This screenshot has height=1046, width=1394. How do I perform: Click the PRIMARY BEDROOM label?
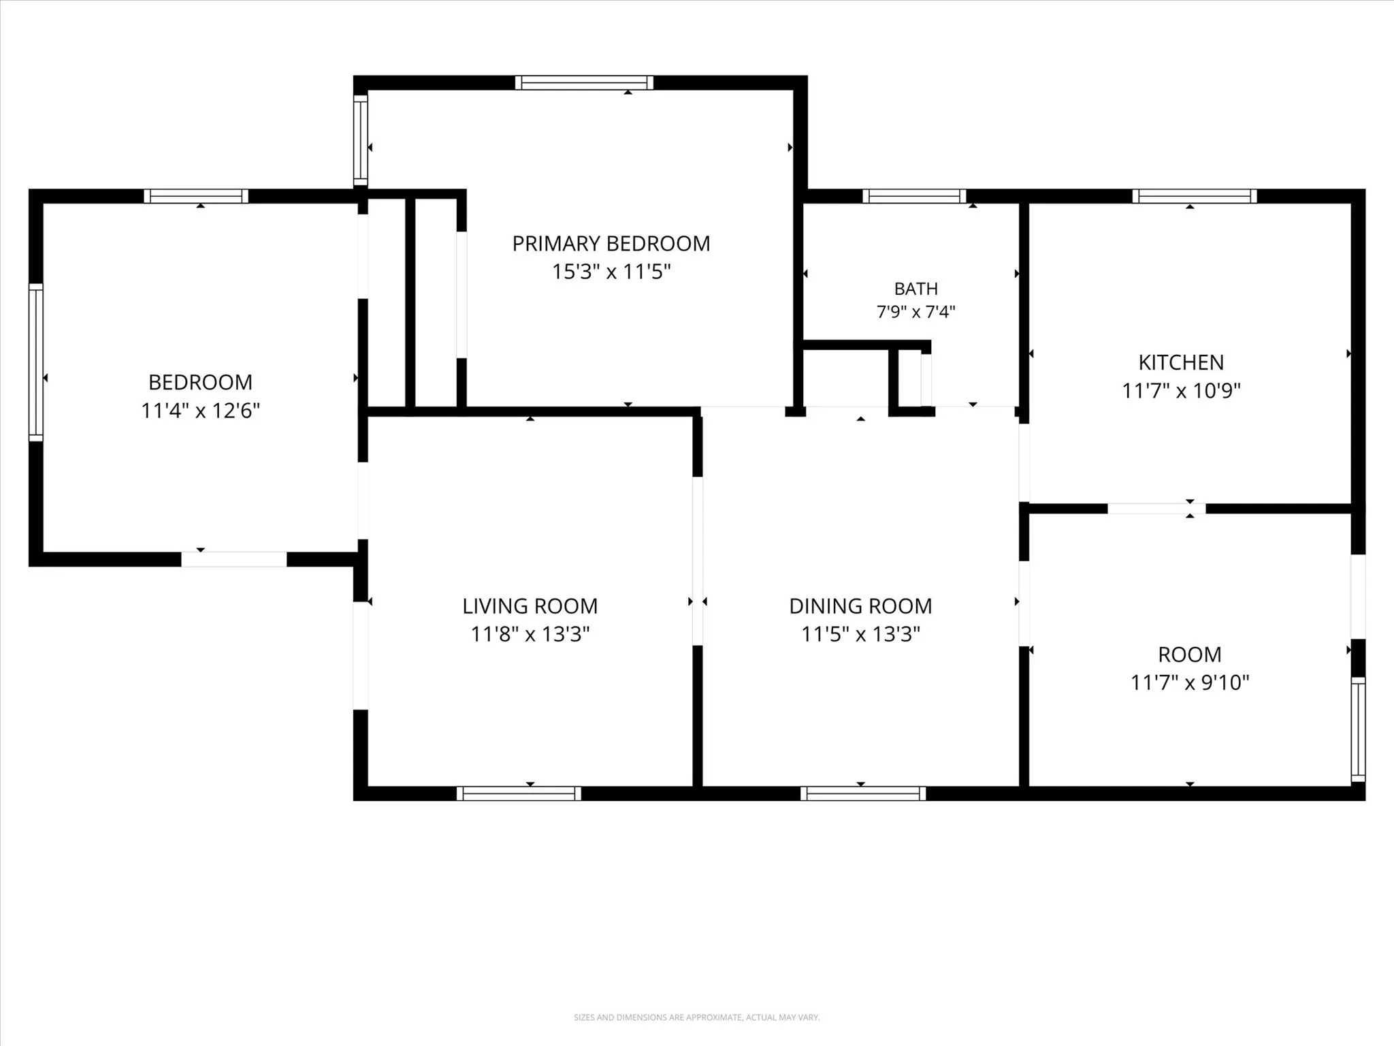[x=611, y=244]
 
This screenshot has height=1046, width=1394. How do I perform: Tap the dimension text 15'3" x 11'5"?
[x=611, y=272]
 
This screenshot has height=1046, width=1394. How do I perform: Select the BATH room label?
[x=916, y=289]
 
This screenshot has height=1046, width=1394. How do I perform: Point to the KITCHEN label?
[x=1181, y=362]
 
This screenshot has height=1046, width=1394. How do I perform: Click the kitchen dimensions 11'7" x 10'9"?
[x=1181, y=391]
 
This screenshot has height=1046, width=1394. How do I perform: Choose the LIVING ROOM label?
[x=530, y=606]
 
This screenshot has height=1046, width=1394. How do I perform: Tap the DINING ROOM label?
[x=860, y=606]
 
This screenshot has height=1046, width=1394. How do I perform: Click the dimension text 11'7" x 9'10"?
[x=1190, y=682]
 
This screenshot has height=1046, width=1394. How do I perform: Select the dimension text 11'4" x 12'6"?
[x=201, y=411]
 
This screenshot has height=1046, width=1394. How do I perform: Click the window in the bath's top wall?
[x=914, y=196]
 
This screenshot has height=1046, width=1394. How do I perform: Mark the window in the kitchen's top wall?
[x=1195, y=196]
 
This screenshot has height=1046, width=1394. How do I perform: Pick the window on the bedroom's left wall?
[x=35, y=362]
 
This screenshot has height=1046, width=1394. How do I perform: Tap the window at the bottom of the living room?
[x=519, y=793]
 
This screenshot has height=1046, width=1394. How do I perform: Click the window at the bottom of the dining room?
[x=863, y=793]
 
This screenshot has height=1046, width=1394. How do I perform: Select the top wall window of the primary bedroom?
[x=584, y=83]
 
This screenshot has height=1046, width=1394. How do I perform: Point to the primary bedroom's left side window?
[x=360, y=140]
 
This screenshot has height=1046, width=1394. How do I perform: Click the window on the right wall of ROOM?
[x=1358, y=729]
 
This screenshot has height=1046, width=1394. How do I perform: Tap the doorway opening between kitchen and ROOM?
[x=1156, y=509]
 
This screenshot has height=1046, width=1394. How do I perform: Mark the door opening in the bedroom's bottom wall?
[x=233, y=559]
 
